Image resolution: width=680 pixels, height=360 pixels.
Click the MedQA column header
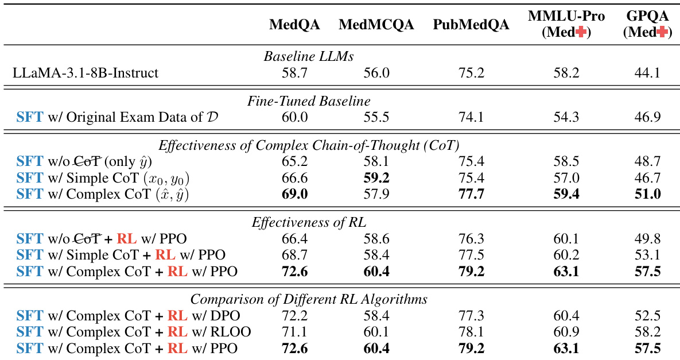pos(294,25)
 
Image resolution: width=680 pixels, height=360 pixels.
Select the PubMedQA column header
pos(471,25)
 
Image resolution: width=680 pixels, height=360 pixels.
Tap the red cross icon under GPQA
pos(662,33)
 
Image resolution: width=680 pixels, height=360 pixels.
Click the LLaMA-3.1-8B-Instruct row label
pos(86,73)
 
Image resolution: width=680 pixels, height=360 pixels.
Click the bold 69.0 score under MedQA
pos(294,194)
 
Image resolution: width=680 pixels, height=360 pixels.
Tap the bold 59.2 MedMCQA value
pos(376,178)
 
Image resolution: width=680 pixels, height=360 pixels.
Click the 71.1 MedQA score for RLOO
pos(294,331)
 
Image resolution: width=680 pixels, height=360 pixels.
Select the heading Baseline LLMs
pos(309,57)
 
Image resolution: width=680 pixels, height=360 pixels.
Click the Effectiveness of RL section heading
pos(309,222)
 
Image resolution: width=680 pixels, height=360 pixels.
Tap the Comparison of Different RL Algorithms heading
pos(309,299)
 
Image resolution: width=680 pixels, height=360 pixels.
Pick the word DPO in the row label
pos(224,316)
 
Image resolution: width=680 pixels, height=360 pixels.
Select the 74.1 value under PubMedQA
pos(471,117)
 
